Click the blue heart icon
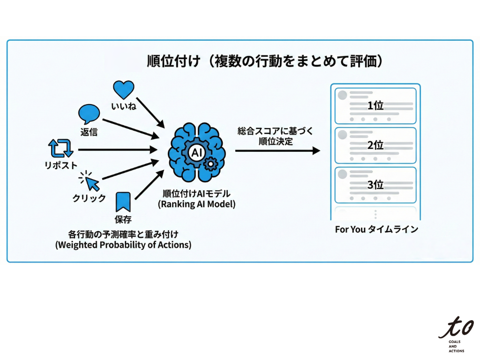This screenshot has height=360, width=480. pyautogui.click(x=124, y=90)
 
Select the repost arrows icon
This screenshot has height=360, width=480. pyautogui.click(x=61, y=149)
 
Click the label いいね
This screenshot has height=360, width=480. pyautogui.click(x=124, y=106)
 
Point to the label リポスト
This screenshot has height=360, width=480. pyautogui.click(x=61, y=165)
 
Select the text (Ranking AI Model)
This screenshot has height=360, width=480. pyautogui.click(x=196, y=204)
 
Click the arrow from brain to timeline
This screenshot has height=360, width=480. pyautogui.click(x=277, y=151)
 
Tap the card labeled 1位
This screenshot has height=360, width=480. pyautogui.click(x=375, y=105)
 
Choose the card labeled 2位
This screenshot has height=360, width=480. pyautogui.click(x=375, y=145)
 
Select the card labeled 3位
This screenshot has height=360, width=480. pyautogui.click(x=375, y=185)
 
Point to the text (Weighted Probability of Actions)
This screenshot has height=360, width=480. pyautogui.click(x=123, y=245)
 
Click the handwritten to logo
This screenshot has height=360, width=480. pyautogui.click(x=456, y=327)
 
